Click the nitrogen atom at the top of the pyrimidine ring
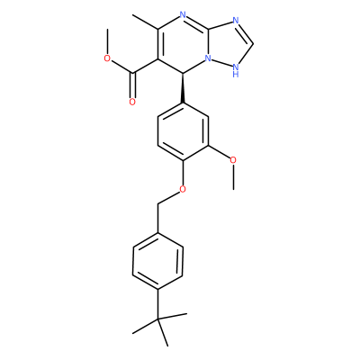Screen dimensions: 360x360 [x=184, y=15]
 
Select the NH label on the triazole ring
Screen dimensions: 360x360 [x=236, y=69]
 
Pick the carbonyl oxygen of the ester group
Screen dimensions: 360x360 [x=132, y=102]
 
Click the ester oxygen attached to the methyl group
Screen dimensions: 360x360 [x=107, y=58]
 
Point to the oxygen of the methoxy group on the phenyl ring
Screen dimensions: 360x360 [x=233, y=159]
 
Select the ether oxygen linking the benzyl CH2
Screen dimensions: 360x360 [x=183, y=189]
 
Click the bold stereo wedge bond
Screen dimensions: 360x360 [x=183, y=87]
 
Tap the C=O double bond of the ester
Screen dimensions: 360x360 [x=132, y=85]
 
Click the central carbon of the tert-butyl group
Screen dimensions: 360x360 [x=157, y=319]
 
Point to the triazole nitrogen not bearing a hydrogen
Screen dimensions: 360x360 [x=236, y=21]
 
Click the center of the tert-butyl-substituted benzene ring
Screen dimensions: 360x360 [x=157, y=261]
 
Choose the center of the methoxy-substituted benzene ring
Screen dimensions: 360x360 [x=183, y=132]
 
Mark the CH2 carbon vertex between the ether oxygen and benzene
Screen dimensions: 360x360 [x=157, y=203]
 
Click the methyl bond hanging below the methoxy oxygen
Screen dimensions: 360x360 [x=233, y=176]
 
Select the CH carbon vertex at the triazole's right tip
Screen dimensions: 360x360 [x=253, y=44]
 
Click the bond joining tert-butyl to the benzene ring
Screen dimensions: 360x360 [x=157, y=304]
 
